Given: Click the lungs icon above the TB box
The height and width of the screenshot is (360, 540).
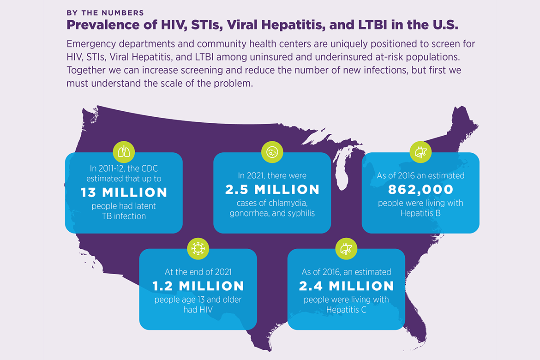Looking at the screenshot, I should pyautogui.click(x=124, y=152).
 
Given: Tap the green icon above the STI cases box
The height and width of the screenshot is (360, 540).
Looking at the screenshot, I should pyautogui.click(x=272, y=152).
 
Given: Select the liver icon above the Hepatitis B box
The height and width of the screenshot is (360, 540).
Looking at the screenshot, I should pyautogui.click(x=420, y=152).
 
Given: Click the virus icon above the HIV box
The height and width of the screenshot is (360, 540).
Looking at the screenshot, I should pyautogui.click(x=198, y=248).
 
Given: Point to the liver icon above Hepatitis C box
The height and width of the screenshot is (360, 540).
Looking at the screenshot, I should pyautogui.click(x=346, y=248).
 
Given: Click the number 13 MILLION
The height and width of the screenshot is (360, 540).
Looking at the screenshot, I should pyautogui.click(x=124, y=192).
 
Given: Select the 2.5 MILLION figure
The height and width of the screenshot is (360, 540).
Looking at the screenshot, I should pyautogui.click(x=272, y=189).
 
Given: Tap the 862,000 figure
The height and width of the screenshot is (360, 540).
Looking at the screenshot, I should pyautogui.click(x=420, y=189).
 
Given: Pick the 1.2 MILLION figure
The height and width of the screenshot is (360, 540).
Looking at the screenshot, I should pyautogui.click(x=198, y=286).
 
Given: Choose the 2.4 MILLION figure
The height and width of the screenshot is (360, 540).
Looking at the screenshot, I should pyautogui.click(x=346, y=286).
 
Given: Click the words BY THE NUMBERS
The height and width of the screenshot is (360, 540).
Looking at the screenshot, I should pyautogui.click(x=105, y=13).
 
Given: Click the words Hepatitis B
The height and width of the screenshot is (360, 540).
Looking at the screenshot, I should pyautogui.click(x=420, y=214).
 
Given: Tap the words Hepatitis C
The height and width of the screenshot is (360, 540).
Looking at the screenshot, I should pyautogui.click(x=346, y=310).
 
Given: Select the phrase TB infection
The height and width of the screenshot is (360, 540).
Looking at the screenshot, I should pyautogui.click(x=124, y=216).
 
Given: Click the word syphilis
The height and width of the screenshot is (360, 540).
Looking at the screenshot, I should pyautogui.click(x=298, y=214).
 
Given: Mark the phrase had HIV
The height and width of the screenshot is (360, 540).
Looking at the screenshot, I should pyautogui.click(x=198, y=310).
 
